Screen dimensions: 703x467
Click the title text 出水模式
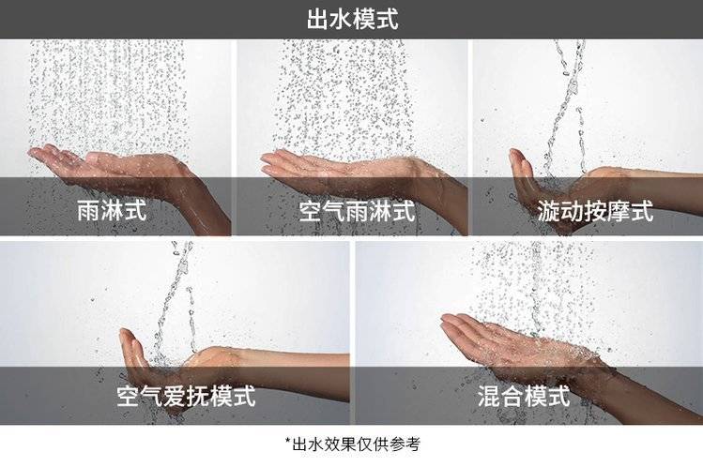(x=352, y=20)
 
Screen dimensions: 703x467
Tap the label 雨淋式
(x=112, y=210)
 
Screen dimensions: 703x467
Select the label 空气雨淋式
(x=357, y=211)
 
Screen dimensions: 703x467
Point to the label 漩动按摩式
(x=595, y=211)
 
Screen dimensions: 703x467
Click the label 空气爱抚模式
(x=186, y=396)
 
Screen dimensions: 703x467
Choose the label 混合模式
(x=523, y=396)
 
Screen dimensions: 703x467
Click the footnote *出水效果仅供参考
(x=353, y=444)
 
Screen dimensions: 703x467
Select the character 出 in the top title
(x=318, y=20)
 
